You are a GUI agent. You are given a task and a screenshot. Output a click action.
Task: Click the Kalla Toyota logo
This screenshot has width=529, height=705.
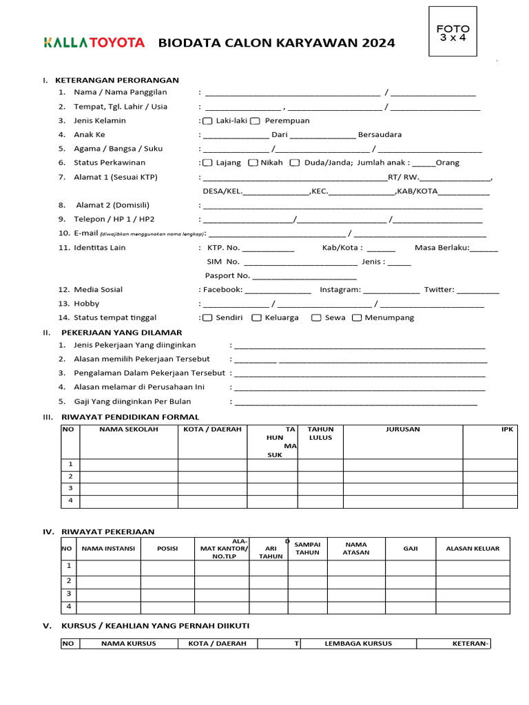94,43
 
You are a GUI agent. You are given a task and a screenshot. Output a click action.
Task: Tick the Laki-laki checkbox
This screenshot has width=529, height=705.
207,121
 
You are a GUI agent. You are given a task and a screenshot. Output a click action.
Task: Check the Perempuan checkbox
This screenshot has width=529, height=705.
255,121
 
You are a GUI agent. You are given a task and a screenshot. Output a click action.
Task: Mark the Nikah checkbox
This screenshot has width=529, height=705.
253,163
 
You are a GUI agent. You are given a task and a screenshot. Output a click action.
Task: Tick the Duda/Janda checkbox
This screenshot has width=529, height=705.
294,163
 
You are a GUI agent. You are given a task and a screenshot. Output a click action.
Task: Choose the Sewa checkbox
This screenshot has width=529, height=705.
316,318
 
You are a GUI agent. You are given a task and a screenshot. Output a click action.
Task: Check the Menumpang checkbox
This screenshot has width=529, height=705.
357,318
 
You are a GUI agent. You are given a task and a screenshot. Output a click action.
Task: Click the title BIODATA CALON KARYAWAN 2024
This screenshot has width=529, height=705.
276,43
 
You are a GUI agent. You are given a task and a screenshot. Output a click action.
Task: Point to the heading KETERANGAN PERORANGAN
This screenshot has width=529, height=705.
120,81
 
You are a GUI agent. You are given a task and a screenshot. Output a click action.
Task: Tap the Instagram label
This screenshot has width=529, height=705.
340,290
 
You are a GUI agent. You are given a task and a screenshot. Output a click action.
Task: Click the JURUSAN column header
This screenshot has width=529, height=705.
403,430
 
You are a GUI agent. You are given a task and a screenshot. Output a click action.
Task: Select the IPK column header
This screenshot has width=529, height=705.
507,430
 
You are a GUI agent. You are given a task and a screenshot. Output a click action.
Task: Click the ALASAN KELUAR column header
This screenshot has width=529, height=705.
473,549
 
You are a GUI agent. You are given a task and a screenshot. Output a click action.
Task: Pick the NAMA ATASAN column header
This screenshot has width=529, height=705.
356,548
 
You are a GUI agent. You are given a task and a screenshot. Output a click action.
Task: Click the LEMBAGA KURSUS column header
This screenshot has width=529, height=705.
358,644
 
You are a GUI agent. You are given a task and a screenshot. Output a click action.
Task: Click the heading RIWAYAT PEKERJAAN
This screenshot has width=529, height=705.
108,532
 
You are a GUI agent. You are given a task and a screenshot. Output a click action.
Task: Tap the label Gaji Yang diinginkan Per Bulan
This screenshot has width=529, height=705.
132,401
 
